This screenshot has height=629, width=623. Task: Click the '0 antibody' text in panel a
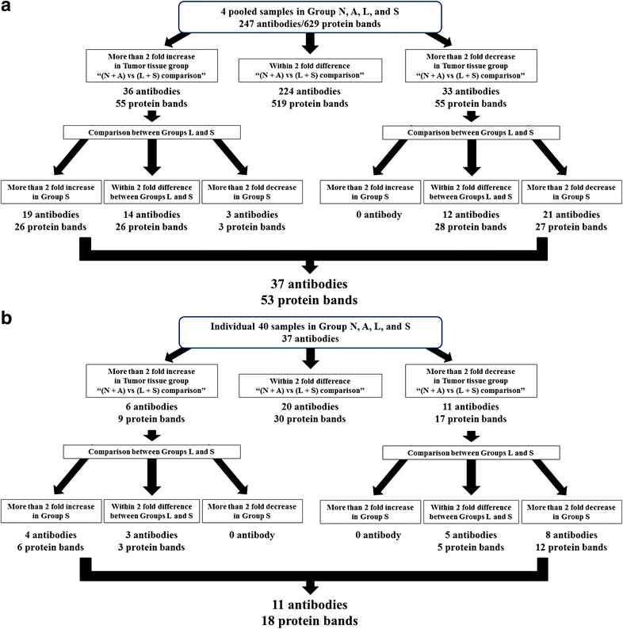point(366,214)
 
